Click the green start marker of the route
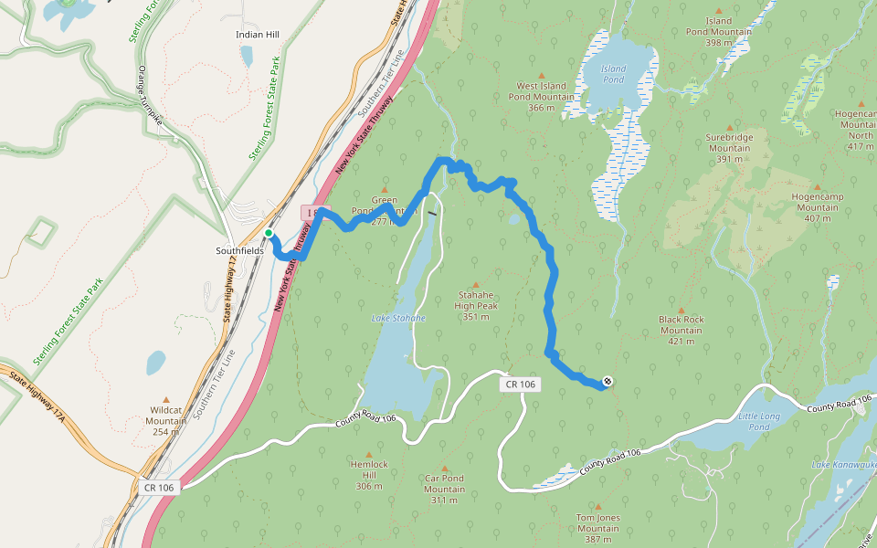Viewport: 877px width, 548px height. tap(269, 234)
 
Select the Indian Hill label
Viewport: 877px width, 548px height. tap(257, 35)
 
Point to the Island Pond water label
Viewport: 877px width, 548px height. tap(613, 74)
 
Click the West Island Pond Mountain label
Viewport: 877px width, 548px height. tap(541, 96)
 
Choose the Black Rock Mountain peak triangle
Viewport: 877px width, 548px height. tap(681, 310)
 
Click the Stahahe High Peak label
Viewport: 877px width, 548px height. tap(475, 307)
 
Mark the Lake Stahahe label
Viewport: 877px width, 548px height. tap(398, 318)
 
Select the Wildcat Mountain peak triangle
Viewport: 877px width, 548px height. tap(166, 399)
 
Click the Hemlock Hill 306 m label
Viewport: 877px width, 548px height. tap(369, 475)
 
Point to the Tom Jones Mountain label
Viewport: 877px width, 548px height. tap(597, 523)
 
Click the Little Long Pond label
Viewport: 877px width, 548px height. tap(759, 421)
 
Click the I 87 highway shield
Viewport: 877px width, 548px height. tap(312, 212)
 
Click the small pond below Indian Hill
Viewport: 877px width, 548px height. tap(247, 57)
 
